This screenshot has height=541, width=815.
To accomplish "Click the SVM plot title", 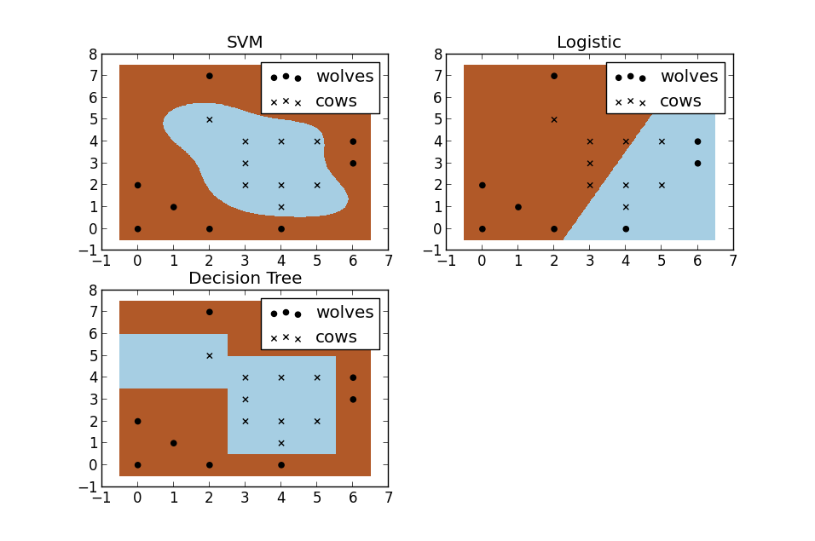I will pyautogui.click(x=245, y=43).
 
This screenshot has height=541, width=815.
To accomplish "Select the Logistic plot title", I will pyautogui.click(x=588, y=43).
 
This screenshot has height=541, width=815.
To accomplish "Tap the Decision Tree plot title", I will pyautogui.click(x=245, y=279).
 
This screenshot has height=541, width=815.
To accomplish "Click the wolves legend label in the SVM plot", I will pyautogui.click(x=344, y=77).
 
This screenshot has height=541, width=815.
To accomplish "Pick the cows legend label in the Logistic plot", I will pyautogui.click(x=680, y=101).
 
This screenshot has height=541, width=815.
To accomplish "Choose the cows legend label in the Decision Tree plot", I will pyautogui.click(x=336, y=337).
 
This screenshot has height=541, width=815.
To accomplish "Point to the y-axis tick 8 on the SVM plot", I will pyautogui.click(x=92, y=54).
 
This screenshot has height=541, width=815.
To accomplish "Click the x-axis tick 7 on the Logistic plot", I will pyautogui.click(x=732, y=261).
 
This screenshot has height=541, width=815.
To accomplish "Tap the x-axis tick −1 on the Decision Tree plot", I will pyautogui.click(x=101, y=497).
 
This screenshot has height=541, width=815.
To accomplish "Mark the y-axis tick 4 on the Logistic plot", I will pyautogui.click(x=436, y=141).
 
